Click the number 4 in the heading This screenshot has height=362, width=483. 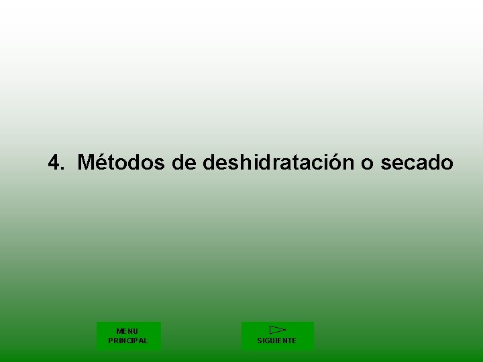tap(55, 162)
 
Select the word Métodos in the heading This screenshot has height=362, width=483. tap(121, 162)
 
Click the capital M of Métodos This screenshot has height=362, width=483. tap(85, 162)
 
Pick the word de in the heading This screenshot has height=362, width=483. tap(184, 162)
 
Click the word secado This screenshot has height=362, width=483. tap(417, 162)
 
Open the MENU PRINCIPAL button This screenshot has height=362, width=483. tap(128, 336)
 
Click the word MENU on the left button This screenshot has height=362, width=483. tap(127, 331)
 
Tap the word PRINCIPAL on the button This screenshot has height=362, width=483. tap(128, 341)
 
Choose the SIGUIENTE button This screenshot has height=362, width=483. tap(277, 336)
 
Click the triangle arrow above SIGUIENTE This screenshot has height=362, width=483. tap(277, 329)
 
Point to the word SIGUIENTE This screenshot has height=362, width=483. tap(276, 341)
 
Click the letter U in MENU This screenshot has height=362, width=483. tap(136, 331)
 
